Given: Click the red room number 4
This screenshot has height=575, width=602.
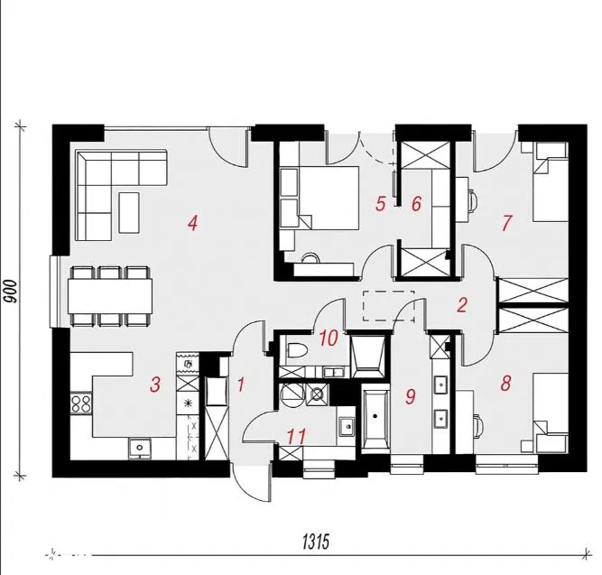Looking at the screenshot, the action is (193, 223).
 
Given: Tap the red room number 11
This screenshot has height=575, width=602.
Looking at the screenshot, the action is (297, 437).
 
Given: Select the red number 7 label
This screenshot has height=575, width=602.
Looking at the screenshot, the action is (507, 223).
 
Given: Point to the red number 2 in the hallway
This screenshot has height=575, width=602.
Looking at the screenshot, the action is (462, 304).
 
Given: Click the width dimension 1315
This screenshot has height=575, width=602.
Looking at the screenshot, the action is (316, 542).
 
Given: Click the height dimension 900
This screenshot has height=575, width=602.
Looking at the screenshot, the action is (11, 292).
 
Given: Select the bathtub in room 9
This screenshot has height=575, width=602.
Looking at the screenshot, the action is (375, 419).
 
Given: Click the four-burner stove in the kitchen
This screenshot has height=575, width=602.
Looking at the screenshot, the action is (81, 403).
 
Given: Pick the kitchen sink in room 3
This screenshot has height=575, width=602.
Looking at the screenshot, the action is (140, 448).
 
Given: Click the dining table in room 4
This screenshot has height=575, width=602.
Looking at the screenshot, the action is (110, 296).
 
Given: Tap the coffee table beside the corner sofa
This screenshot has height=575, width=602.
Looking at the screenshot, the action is (129, 212).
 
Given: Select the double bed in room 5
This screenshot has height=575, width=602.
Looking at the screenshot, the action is (327, 198).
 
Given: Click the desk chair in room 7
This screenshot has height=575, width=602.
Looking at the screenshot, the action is (472, 199).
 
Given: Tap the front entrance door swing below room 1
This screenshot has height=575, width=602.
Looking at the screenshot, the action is (252, 483).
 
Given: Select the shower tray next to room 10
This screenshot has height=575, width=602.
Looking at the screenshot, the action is (368, 356).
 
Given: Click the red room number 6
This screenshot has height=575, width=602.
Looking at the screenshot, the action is (417, 204).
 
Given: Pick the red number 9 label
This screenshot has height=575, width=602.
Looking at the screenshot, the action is (411, 396).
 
